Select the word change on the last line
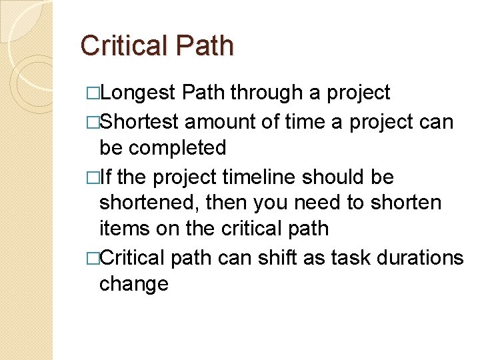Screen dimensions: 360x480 [x=133, y=284]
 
